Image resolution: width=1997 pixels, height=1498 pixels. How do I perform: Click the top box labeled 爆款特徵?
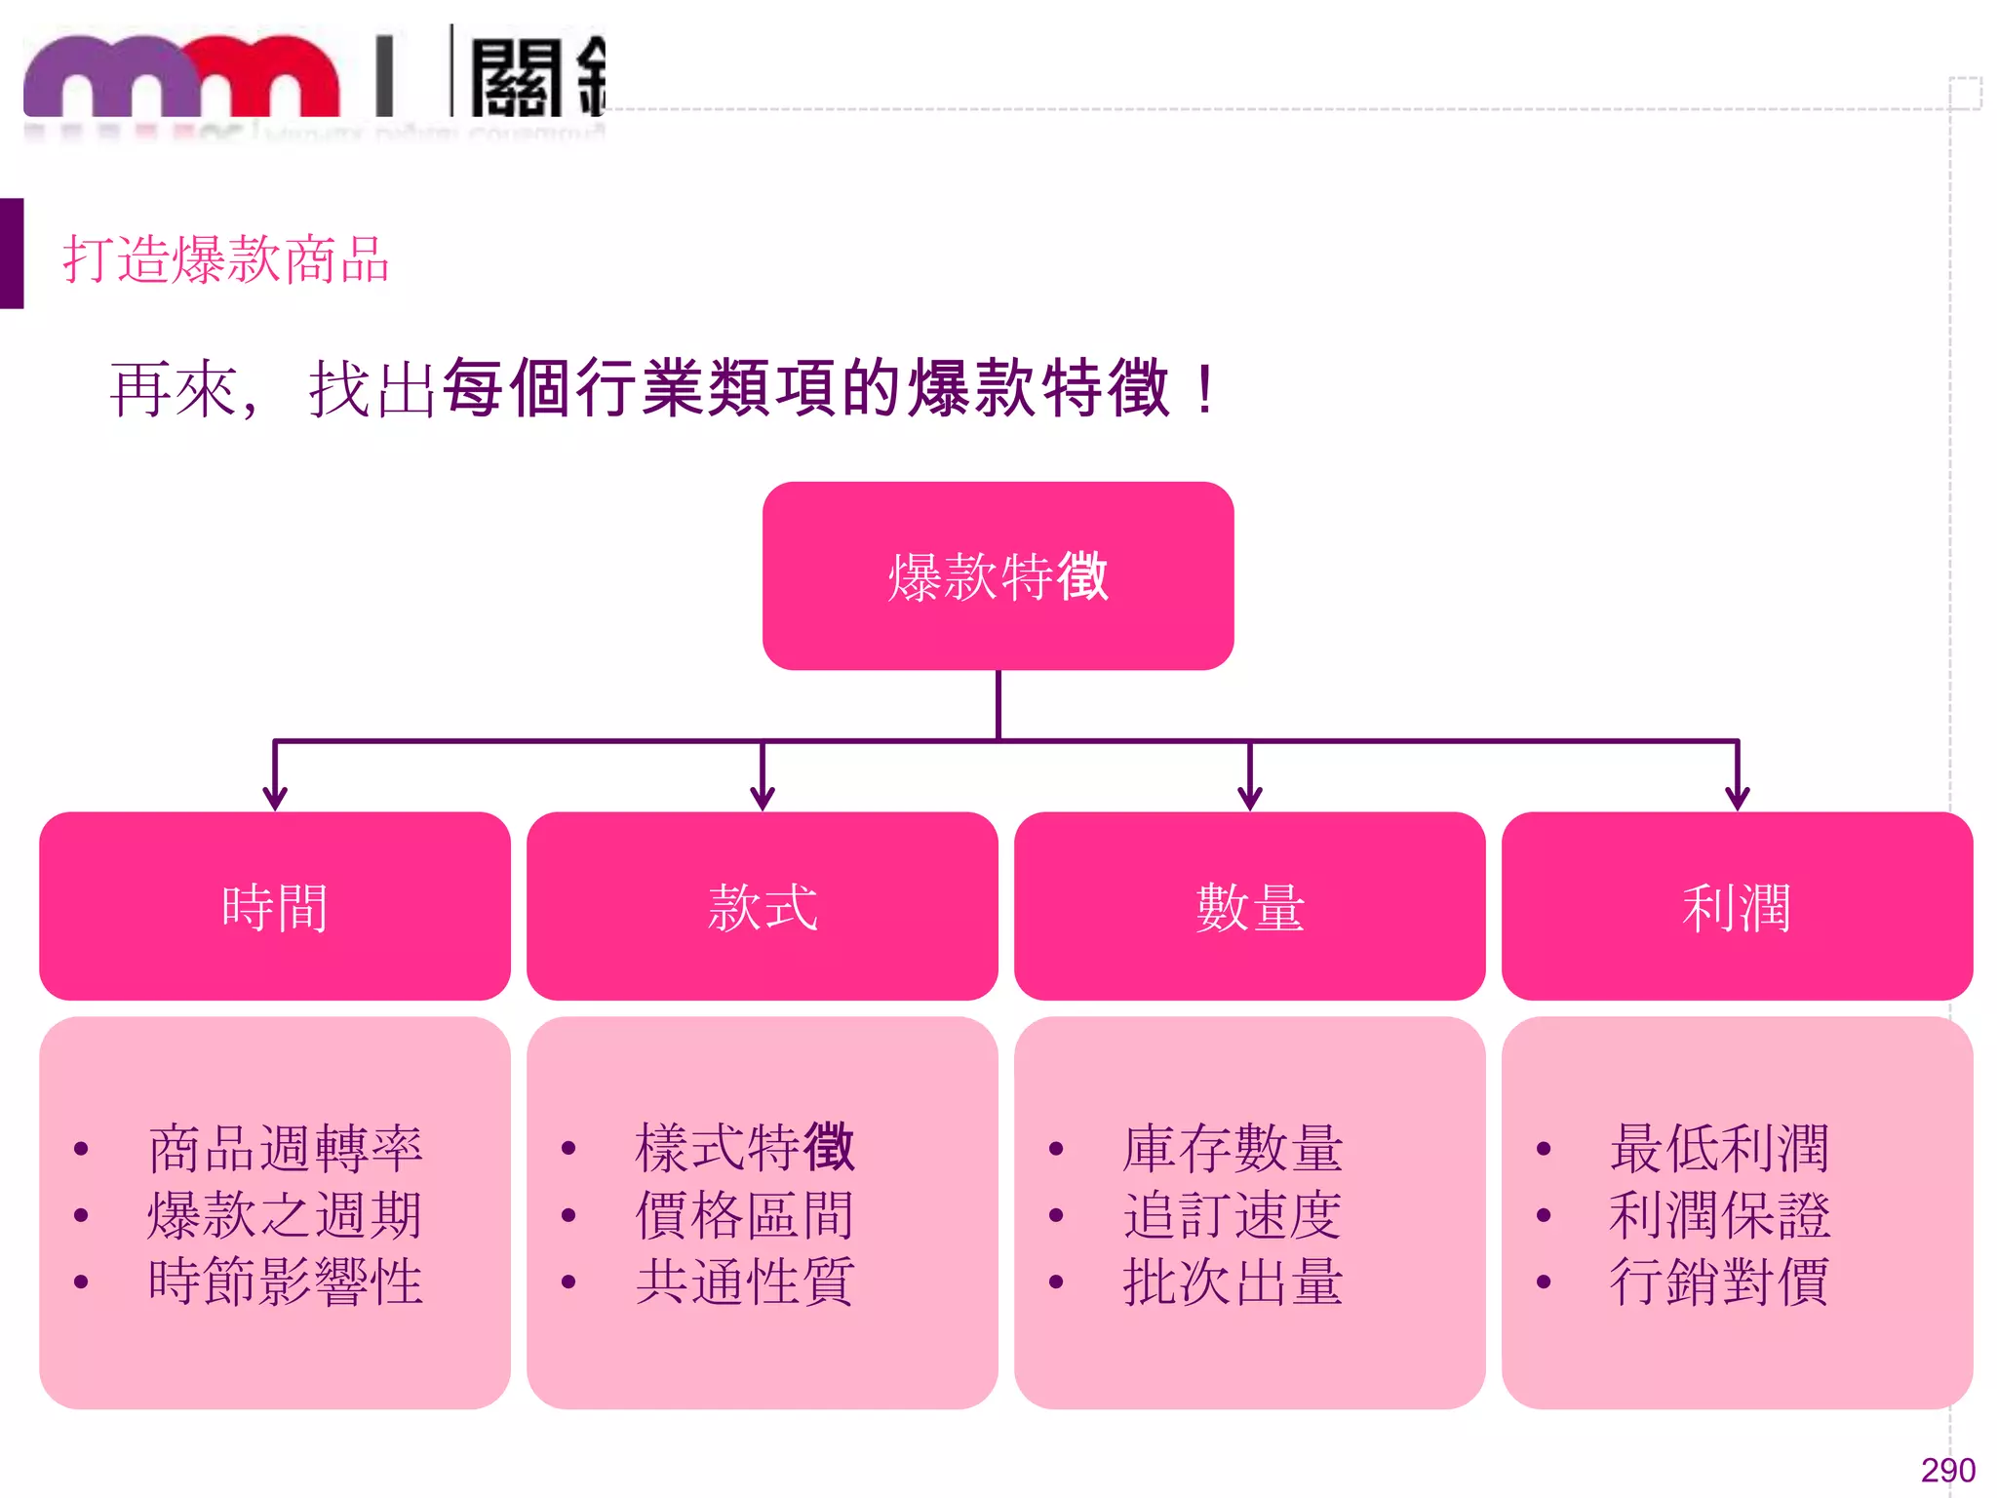click(x=998, y=575)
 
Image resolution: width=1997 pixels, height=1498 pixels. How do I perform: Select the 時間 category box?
click(x=274, y=906)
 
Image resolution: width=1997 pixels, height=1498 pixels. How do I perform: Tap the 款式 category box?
click(x=762, y=906)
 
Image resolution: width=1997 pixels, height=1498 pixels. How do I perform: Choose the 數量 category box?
click(x=1249, y=906)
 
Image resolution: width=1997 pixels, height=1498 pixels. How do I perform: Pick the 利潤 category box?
click(x=1737, y=906)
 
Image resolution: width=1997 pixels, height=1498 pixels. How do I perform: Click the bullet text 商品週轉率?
click(x=285, y=1148)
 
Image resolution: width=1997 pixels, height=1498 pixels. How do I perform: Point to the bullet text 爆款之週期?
click(x=285, y=1215)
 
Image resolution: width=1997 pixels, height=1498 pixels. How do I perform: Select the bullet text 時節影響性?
click(x=285, y=1281)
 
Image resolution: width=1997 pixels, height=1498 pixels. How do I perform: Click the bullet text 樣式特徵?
click(x=745, y=1148)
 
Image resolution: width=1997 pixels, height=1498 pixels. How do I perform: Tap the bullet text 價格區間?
click(x=745, y=1215)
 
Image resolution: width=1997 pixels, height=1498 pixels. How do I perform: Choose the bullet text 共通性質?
click(x=745, y=1281)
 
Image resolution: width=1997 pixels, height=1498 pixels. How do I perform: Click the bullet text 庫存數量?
click(x=1233, y=1148)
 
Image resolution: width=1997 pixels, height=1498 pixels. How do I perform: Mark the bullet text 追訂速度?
click(x=1233, y=1215)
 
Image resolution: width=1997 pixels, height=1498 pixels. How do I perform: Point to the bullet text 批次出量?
click(x=1233, y=1281)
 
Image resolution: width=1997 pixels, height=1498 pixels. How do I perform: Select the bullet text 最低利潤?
click(x=1719, y=1148)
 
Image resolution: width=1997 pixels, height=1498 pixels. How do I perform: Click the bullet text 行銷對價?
click(x=1719, y=1281)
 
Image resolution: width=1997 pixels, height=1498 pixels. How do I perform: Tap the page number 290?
click(x=1947, y=1470)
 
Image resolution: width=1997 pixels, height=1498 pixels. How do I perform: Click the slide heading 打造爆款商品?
click(x=226, y=259)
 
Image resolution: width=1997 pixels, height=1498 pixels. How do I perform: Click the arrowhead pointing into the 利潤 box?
click(x=1738, y=799)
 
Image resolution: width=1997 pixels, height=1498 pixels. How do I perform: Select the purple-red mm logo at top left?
click(x=182, y=78)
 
